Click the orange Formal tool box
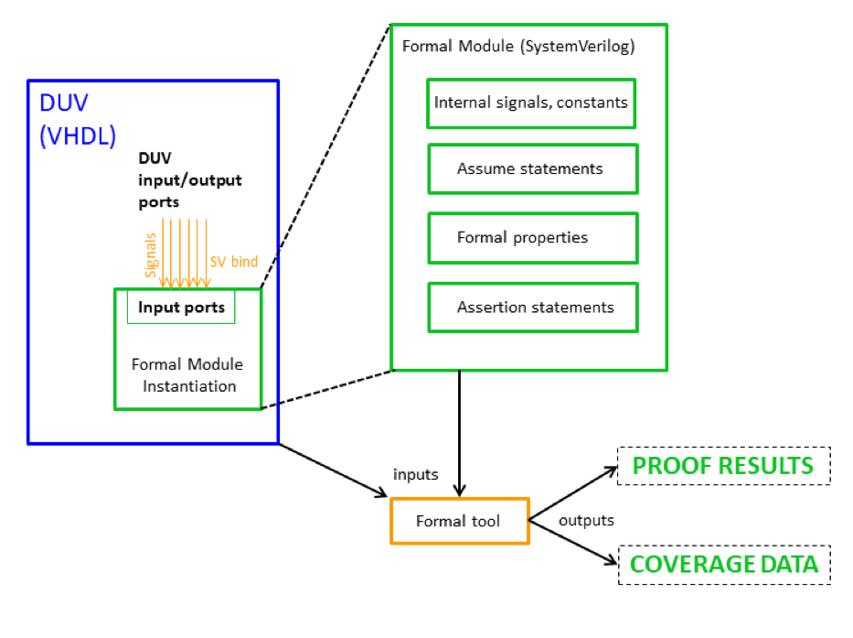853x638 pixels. coord(459,521)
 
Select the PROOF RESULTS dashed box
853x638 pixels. coord(723,466)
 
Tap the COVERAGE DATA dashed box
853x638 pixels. coord(723,564)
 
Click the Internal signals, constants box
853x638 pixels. coord(531,103)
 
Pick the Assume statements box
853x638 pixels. coord(531,168)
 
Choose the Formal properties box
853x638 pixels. coord(531,238)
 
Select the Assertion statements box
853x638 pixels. coord(531,308)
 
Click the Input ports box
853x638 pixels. coord(181,308)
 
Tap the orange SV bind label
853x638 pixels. coord(234,262)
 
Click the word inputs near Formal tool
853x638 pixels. coord(416,474)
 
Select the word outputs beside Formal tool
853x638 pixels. coord(586,520)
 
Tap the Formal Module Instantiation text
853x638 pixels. coord(187,374)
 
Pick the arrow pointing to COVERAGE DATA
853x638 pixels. coord(575,544)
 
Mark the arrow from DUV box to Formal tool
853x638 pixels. coord(333,470)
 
